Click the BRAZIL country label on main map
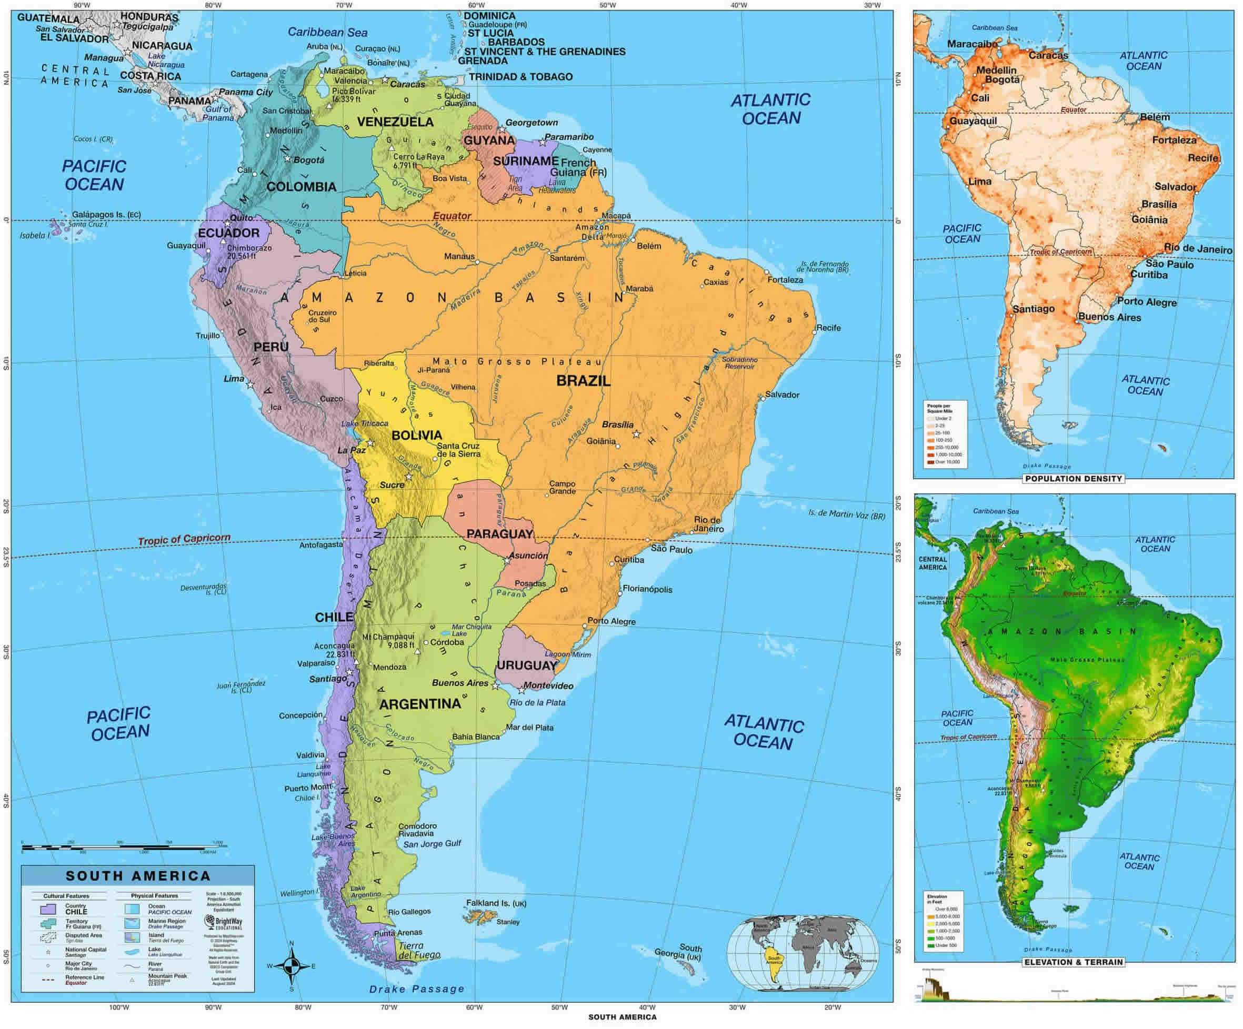coord(583,380)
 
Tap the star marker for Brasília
coord(636,433)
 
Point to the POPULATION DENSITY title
coord(1073,479)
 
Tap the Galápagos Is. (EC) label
coord(106,215)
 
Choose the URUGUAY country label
coord(527,665)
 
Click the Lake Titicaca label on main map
coord(365,423)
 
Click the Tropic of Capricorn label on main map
coord(184,539)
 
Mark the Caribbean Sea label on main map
coord(327,32)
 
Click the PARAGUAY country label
coord(500,534)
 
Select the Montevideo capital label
coord(549,686)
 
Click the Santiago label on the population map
coord(1034,309)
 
